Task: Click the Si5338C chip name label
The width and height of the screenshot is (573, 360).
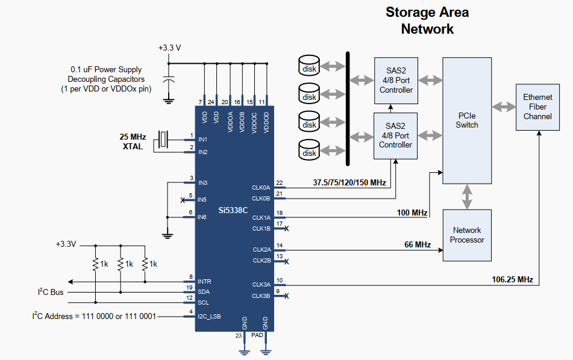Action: pyautogui.click(x=233, y=210)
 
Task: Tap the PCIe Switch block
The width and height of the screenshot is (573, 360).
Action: pyautogui.click(x=467, y=120)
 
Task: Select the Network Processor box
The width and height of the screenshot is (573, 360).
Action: pyautogui.click(x=467, y=235)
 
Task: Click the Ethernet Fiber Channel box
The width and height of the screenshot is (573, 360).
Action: pyautogui.click(x=537, y=107)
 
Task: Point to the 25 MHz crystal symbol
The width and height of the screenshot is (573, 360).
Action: pyautogui.click(x=163, y=139)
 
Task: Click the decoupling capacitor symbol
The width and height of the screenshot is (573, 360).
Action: pyautogui.click(x=169, y=79)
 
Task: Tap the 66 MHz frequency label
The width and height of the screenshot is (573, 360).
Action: pyautogui.click(x=418, y=244)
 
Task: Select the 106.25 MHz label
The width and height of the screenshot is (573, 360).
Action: pyautogui.click(x=512, y=280)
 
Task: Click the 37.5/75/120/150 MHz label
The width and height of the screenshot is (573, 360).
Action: pyautogui.click(x=349, y=182)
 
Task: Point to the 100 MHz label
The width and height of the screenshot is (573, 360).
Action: pyautogui.click(x=412, y=213)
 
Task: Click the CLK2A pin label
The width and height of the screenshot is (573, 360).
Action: pyautogui.click(x=261, y=250)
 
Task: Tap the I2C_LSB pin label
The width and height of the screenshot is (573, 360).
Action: pyautogui.click(x=209, y=317)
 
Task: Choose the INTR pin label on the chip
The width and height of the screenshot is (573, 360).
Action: pyautogui.click(x=204, y=282)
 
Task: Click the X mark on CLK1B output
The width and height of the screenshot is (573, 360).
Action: pyautogui.click(x=287, y=229)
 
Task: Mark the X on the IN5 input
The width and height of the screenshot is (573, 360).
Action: pyautogui.click(x=183, y=200)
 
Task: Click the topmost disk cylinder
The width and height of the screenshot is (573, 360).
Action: pyautogui.click(x=309, y=66)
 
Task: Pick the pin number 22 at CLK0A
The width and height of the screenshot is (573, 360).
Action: pyautogui.click(x=279, y=183)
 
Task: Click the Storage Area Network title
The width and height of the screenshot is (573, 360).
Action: pyautogui.click(x=427, y=20)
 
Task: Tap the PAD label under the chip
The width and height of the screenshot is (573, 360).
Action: pyautogui.click(x=257, y=335)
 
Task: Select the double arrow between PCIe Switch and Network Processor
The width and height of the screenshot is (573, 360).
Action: pyautogui.click(x=467, y=197)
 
